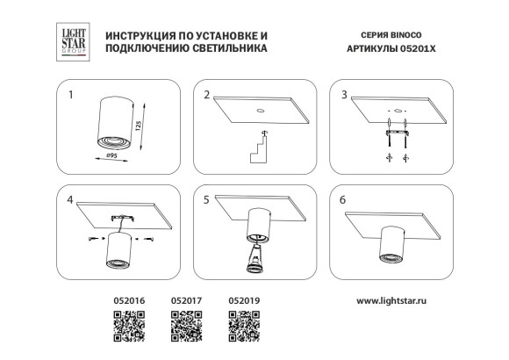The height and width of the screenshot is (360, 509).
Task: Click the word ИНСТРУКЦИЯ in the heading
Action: pos(140,36)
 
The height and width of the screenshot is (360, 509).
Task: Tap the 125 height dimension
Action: pos(140,125)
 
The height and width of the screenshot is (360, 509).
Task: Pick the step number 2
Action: pos(206,93)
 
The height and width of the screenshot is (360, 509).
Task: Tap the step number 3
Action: pos(345,93)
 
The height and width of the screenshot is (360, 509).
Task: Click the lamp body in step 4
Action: pos(115,250)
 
